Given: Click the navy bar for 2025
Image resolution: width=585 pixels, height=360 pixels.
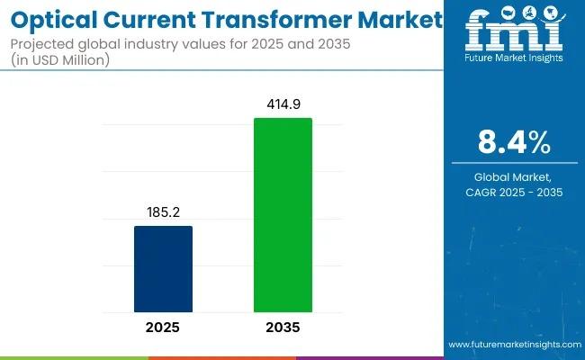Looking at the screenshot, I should tap(163, 268).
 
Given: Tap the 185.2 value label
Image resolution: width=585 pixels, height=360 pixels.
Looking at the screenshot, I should tap(163, 212).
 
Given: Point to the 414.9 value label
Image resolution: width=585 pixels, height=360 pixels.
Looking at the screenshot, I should tap(283, 104).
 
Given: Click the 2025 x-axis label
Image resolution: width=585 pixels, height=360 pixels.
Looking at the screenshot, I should tap(163, 328).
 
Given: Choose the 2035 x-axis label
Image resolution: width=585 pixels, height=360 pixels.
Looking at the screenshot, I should tap(283, 328).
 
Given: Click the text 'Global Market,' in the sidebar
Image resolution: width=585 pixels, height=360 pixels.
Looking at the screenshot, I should tap(514, 177).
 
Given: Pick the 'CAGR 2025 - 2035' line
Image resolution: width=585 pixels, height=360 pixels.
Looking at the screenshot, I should tap(514, 193).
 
